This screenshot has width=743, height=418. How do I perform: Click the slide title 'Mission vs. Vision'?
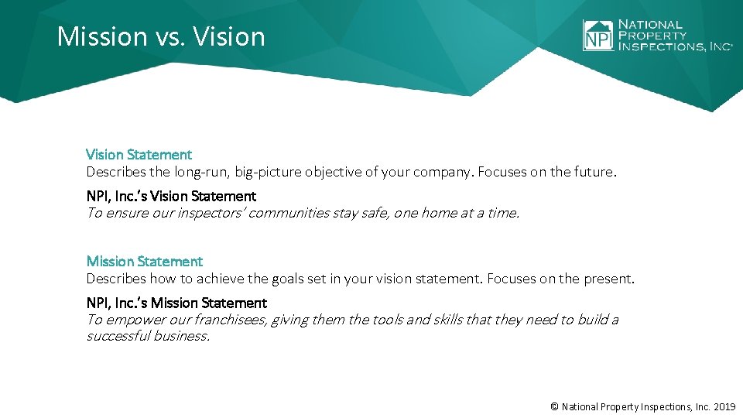(161, 36)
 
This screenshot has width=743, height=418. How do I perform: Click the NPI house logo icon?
(597, 36)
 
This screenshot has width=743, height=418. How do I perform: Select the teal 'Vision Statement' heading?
(139, 155)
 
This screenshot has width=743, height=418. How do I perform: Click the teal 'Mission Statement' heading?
(144, 262)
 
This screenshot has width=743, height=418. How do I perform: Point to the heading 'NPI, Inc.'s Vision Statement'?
(170, 197)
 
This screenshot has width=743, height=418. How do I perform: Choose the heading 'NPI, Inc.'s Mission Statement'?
(176, 303)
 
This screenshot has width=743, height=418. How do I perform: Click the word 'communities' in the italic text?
(292, 213)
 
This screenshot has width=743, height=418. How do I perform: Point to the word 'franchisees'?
(229, 320)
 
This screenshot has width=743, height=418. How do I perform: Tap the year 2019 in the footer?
(724, 406)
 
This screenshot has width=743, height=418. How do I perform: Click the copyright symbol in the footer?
(553, 406)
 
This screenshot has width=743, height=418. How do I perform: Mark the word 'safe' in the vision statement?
(375, 213)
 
